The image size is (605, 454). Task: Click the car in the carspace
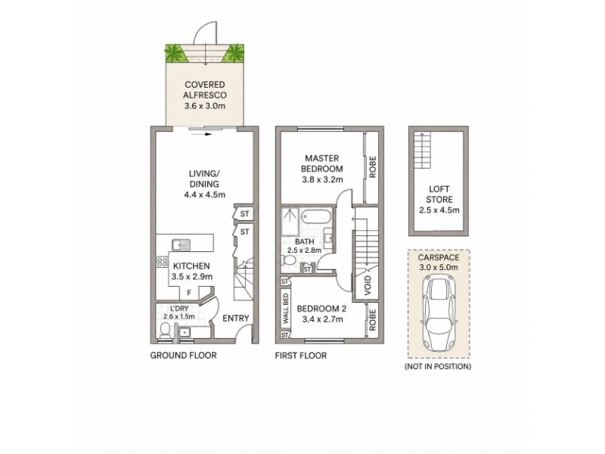(x=439, y=313)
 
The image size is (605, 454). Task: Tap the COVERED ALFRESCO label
(x=204, y=90)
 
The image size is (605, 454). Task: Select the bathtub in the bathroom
(x=316, y=216)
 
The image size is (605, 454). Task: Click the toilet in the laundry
(x=165, y=331)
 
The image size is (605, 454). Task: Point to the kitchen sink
(x=181, y=244)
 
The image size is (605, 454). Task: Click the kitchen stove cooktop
(x=162, y=263)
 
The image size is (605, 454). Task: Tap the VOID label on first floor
(x=368, y=286)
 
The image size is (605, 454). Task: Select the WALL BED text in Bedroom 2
(x=286, y=309)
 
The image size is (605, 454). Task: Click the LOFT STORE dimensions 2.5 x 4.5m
(x=439, y=210)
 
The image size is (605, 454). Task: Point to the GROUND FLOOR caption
(x=183, y=355)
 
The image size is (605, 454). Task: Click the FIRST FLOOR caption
(x=300, y=355)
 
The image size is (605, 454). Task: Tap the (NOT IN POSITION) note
(x=438, y=366)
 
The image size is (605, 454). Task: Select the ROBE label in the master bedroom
(x=372, y=166)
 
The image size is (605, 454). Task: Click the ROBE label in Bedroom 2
(x=372, y=319)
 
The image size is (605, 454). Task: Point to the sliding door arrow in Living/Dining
(x=200, y=135)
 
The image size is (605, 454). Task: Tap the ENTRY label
(x=236, y=318)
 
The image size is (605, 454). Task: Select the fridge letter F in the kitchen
(x=189, y=293)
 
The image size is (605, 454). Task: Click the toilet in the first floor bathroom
(x=289, y=261)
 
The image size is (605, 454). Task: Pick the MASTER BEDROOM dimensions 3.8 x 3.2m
(x=322, y=179)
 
